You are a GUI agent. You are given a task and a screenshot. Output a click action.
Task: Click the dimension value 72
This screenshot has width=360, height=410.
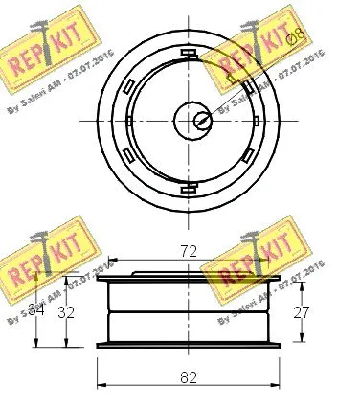pos(189,251)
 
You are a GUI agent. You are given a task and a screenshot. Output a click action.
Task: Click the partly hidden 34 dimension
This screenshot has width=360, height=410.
pos(36,309)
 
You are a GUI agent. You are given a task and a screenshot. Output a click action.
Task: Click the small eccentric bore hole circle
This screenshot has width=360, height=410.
pos(202,121)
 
